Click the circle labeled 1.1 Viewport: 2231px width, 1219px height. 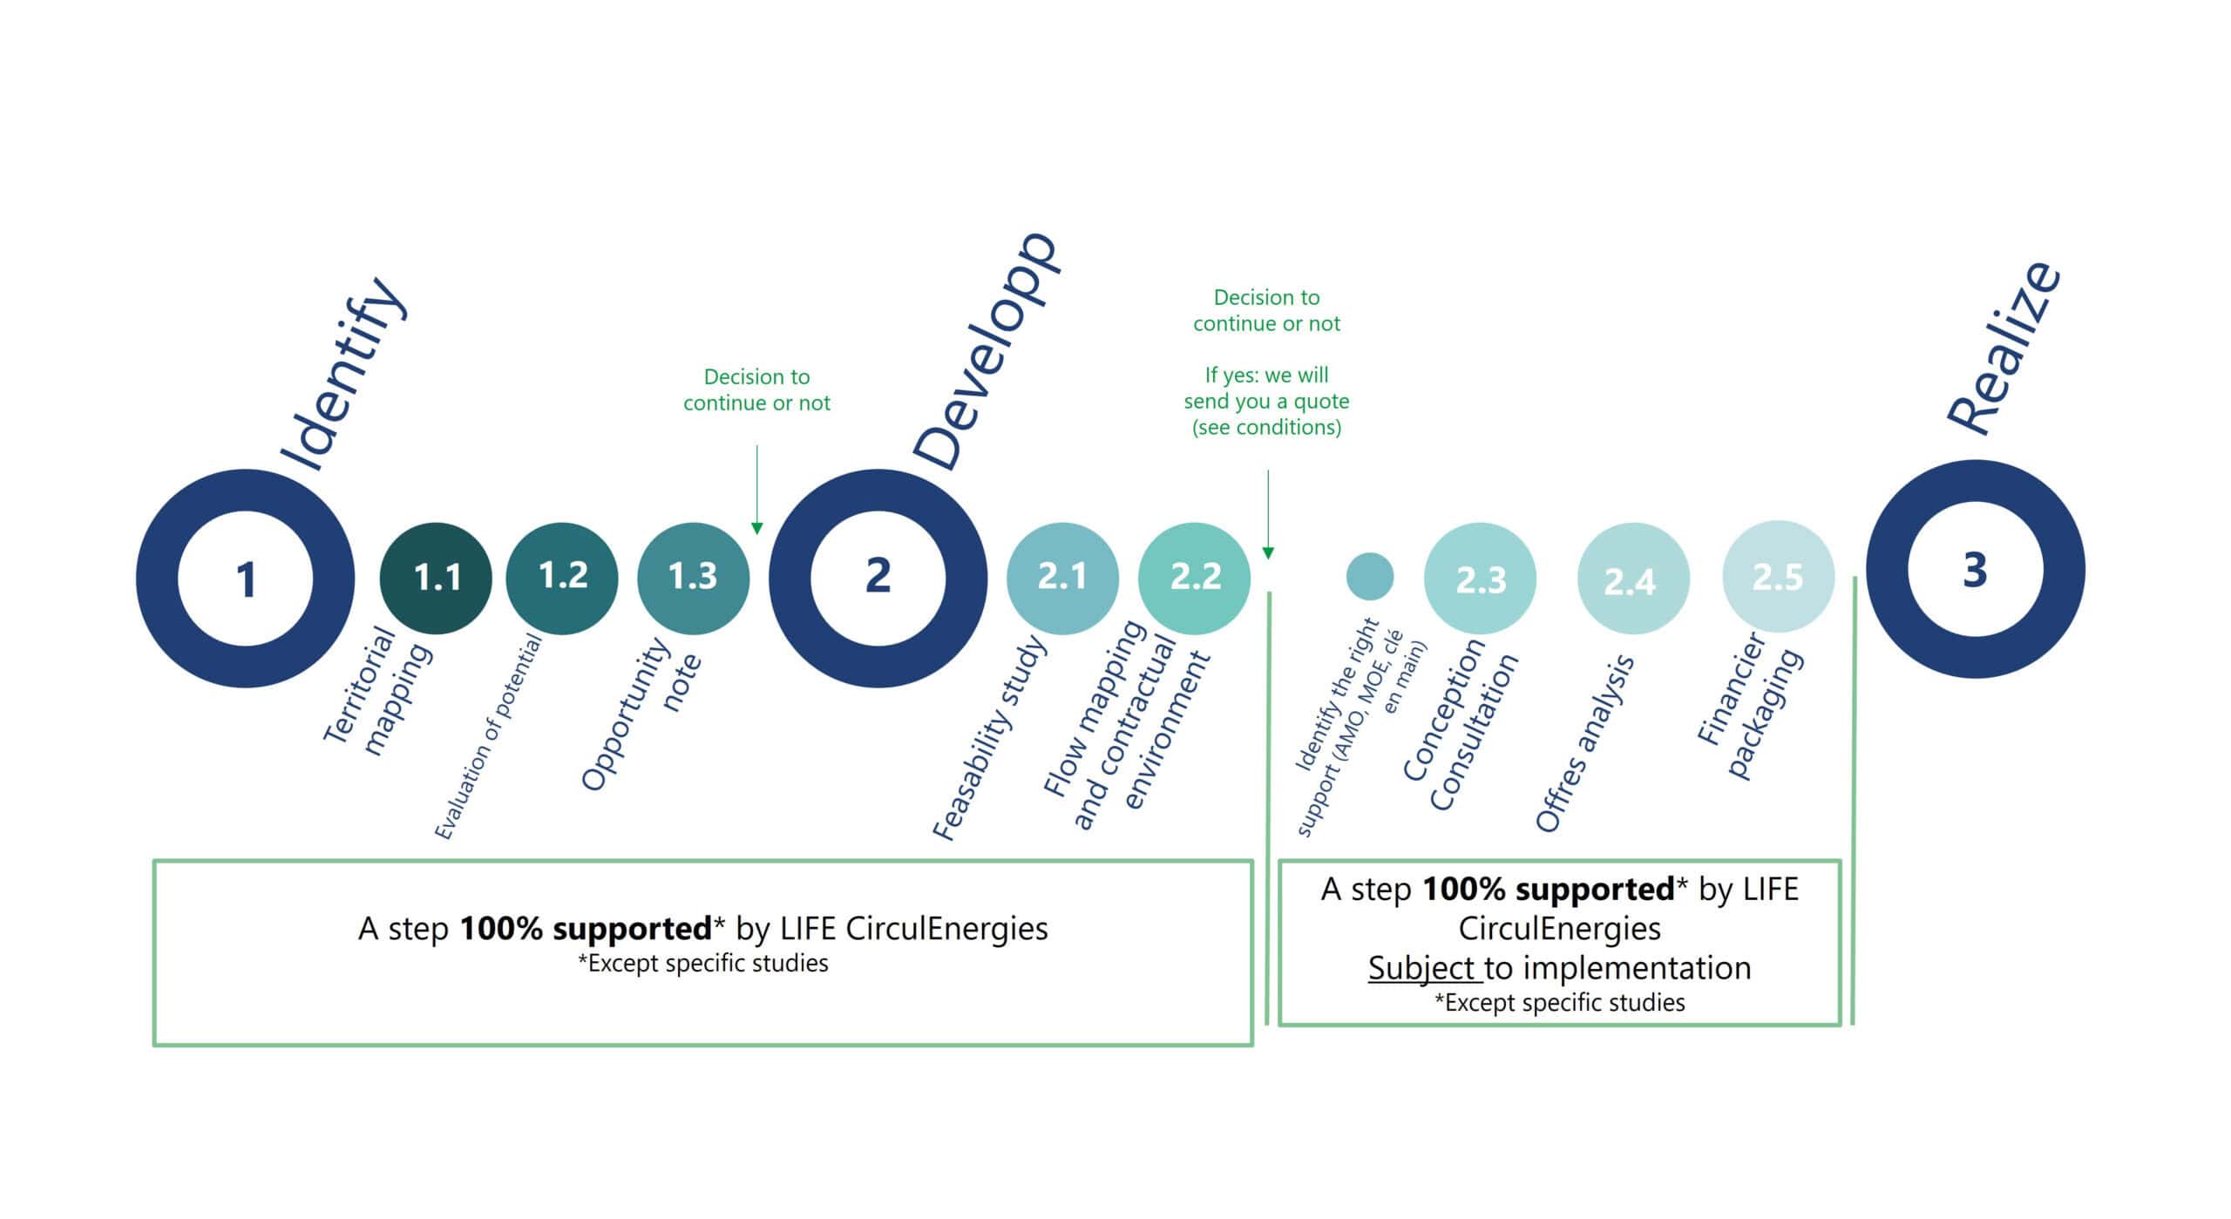(436, 578)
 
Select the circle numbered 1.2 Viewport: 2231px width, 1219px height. (562, 578)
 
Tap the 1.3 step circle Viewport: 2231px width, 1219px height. (693, 578)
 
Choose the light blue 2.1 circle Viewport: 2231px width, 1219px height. (1062, 578)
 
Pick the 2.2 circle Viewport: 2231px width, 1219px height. (1194, 578)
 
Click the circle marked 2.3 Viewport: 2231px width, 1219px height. (1480, 579)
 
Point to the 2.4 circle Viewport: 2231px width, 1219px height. (1632, 579)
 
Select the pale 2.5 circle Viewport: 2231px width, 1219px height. (1778, 577)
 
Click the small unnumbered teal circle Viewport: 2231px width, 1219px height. (1369, 576)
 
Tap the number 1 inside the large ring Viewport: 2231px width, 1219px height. (246, 579)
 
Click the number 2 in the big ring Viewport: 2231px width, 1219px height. (878, 576)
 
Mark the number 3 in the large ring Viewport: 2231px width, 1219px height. (1975, 570)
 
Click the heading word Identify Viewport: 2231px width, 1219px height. (342, 376)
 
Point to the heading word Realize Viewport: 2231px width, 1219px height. (2004, 348)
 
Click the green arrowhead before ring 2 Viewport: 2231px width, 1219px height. (756, 528)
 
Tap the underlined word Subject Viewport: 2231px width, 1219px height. (1423, 968)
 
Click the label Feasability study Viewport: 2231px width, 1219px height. (988, 738)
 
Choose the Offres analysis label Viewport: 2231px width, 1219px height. (1584, 744)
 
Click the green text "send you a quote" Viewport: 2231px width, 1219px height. (1266, 401)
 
